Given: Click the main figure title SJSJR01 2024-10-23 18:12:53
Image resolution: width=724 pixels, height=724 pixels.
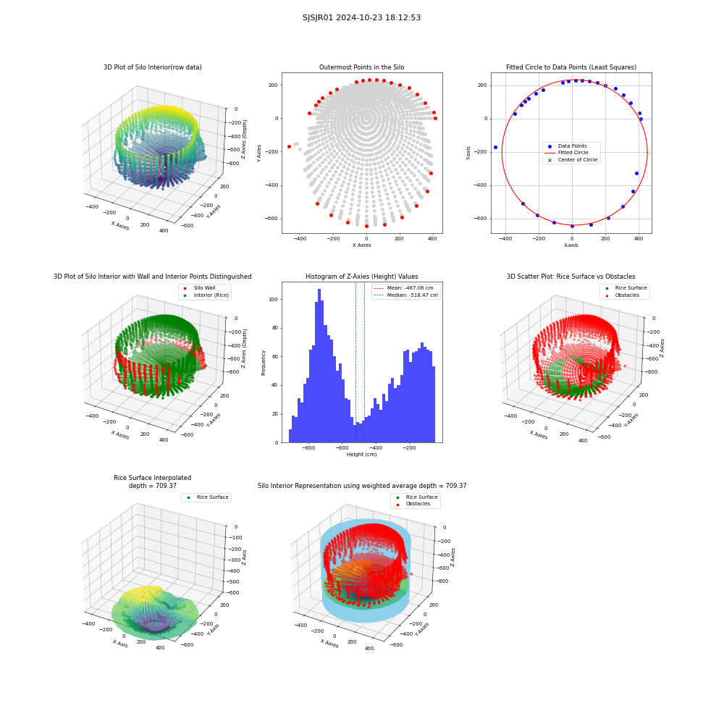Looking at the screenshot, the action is [361, 17].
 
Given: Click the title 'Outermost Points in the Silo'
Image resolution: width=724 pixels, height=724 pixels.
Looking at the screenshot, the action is [361, 67].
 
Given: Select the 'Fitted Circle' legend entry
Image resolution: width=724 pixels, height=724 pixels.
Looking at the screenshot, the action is [573, 153].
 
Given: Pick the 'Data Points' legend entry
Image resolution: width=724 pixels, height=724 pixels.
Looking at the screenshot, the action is [572, 146].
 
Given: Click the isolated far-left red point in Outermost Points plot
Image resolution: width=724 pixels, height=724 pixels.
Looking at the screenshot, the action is [289, 147].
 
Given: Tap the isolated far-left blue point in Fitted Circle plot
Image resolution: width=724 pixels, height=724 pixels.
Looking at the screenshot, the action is [495, 148].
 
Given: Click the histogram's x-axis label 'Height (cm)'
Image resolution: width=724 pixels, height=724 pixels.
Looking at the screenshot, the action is [361, 455].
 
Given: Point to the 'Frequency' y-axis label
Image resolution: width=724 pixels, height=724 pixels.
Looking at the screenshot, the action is [264, 363].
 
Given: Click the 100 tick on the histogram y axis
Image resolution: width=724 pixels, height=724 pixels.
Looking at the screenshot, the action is [274, 300].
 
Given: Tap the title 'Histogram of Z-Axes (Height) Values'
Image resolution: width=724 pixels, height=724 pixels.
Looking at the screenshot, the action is [361, 277].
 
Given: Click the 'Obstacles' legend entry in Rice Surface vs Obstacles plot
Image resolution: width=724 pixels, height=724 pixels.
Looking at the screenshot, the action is [627, 295].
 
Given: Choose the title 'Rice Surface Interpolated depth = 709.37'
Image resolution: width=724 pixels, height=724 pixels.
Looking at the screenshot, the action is [152, 481].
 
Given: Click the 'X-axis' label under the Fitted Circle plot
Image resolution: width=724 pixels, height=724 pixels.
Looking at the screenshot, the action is [571, 245].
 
